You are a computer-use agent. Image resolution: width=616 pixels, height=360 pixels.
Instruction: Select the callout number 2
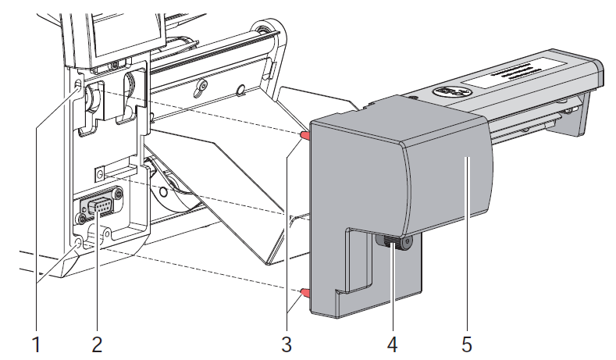[x=97, y=342]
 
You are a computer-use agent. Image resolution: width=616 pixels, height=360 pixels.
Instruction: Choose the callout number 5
[x=467, y=342]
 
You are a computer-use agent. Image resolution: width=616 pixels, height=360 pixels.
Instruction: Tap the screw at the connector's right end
[x=117, y=194]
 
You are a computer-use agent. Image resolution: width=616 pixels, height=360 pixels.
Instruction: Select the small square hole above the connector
[x=100, y=172]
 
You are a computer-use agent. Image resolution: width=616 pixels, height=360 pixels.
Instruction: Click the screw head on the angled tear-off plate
[x=201, y=85]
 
